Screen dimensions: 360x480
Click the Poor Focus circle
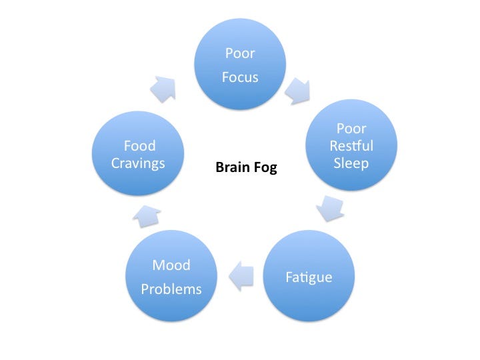click(x=240, y=65)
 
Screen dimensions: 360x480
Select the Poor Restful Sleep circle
click(x=351, y=145)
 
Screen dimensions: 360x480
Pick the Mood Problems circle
click(x=171, y=276)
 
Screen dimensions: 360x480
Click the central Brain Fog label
click(x=245, y=169)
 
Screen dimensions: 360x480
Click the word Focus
click(x=240, y=78)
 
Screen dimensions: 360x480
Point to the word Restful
click(x=351, y=146)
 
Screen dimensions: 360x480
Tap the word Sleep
click(x=351, y=163)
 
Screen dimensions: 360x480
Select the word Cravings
click(x=139, y=163)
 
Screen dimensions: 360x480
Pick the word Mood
click(x=171, y=265)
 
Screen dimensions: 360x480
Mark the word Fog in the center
click(x=263, y=169)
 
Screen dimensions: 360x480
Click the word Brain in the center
click(x=231, y=169)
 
